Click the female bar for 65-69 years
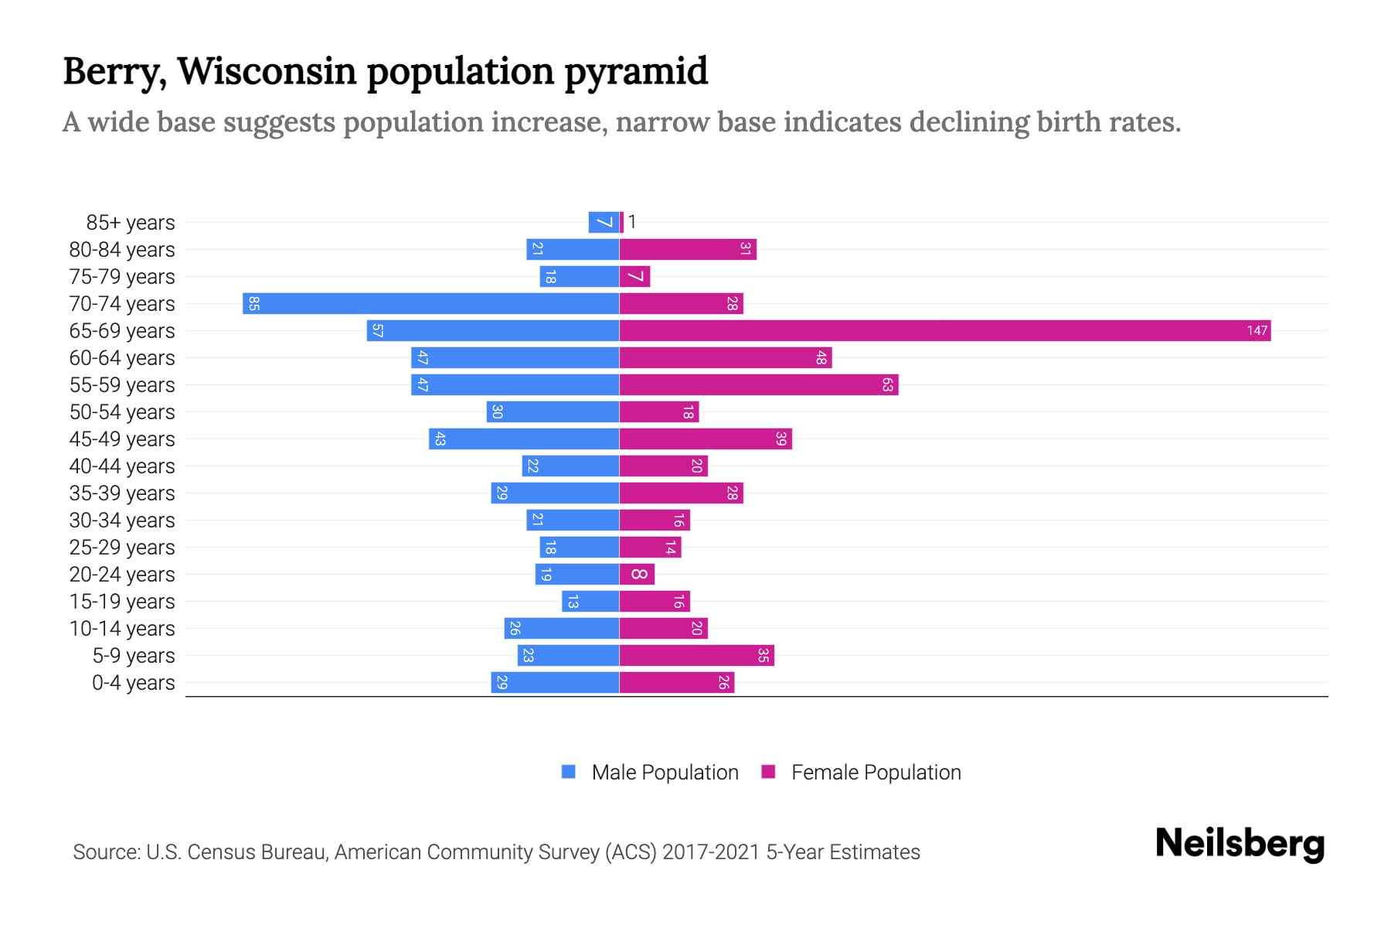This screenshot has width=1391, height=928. pyautogui.click(x=944, y=331)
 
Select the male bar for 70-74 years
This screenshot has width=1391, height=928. pyautogui.click(x=431, y=304)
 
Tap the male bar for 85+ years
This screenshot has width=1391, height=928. pyautogui.click(x=604, y=223)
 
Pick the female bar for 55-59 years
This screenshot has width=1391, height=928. pyautogui.click(x=758, y=385)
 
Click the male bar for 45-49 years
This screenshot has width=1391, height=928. pyautogui.click(x=524, y=439)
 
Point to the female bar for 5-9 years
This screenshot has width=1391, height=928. pyautogui.click(x=696, y=656)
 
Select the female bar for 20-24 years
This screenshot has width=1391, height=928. pyautogui.click(x=637, y=575)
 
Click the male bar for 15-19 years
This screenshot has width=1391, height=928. pyautogui.click(x=590, y=602)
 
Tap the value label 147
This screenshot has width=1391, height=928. pyautogui.click(x=1257, y=331)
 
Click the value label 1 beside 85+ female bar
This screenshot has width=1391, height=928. pyautogui.click(x=632, y=223)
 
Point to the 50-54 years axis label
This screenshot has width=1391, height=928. pyautogui.click(x=122, y=412)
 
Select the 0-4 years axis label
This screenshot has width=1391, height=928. pyautogui.click(x=133, y=683)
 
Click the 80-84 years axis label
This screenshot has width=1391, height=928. pyautogui.click(x=122, y=250)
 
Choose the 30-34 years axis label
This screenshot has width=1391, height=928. pyautogui.click(x=122, y=520)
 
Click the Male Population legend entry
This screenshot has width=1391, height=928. pyautogui.click(x=650, y=773)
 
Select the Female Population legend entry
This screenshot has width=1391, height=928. pyautogui.click(x=861, y=773)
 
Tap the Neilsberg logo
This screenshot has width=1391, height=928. pyautogui.click(x=1240, y=844)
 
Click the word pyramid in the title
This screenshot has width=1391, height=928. pyautogui.click(x=635, y=72)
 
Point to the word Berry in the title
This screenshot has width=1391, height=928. pyautogui.click(x=114, y=72)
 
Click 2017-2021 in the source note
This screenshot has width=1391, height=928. pyautogui.click(x=711, y=852)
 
